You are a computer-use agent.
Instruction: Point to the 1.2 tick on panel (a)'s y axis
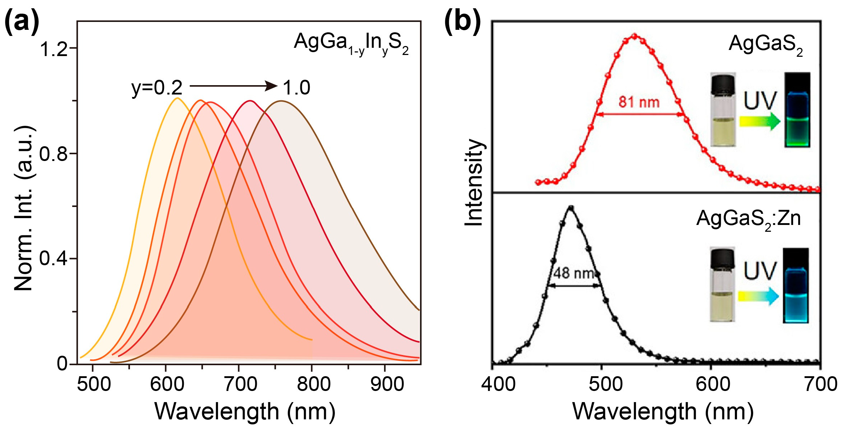pos(54,49)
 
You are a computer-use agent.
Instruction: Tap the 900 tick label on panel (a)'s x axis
pos(387,384)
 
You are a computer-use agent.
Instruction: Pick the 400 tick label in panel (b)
pos(498,384)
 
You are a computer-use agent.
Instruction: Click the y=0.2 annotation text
pos(157,87)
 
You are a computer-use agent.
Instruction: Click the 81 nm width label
pos(639,102)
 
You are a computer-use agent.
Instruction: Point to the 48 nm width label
pos(573,273)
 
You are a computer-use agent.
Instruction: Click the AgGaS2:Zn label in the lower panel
pos(748,218)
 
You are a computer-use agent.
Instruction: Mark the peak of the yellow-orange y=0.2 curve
pos(177,98)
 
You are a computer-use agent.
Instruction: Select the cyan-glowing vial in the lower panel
pos(796,286)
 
